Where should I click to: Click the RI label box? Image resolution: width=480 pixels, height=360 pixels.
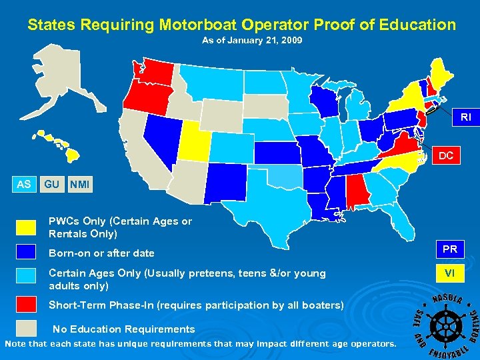point(465,117)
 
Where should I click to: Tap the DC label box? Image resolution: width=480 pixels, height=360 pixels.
point(446,156)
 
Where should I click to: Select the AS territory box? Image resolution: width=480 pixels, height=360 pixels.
point(24,184)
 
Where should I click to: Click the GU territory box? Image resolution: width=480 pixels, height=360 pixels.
point(51,184)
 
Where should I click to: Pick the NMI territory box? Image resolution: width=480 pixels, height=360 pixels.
point(79,184)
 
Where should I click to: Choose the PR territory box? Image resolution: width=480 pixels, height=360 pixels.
point(450,249)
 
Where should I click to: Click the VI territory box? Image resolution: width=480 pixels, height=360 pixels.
point(450,273)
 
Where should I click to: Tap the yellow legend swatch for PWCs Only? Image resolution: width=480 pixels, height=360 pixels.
point(27,228)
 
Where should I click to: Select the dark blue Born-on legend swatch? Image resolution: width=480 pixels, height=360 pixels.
point(27,252)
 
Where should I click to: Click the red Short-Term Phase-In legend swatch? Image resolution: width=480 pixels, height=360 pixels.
point(27,304)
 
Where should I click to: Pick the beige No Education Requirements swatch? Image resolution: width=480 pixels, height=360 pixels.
point(27,327)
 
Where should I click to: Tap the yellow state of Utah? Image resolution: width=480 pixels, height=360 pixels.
point(193,141)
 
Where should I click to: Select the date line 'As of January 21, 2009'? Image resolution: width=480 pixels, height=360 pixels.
point(252,41)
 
